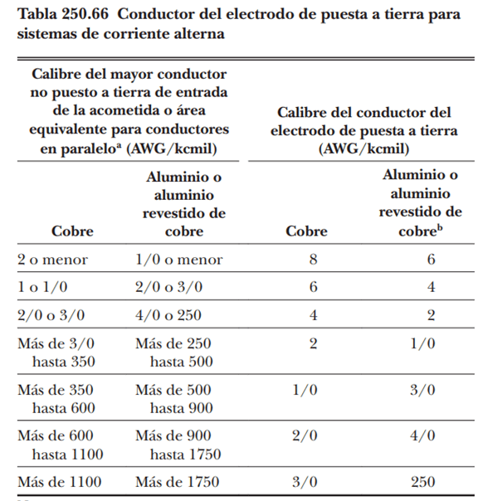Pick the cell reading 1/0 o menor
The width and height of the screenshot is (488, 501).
coord(178,260)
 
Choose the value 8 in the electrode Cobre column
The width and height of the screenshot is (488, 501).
coord(313,260)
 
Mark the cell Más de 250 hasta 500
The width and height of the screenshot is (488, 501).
coord(176,352)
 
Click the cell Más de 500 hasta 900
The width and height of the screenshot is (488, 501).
coord(176,398)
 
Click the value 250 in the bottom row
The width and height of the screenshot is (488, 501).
coord(422,482)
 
